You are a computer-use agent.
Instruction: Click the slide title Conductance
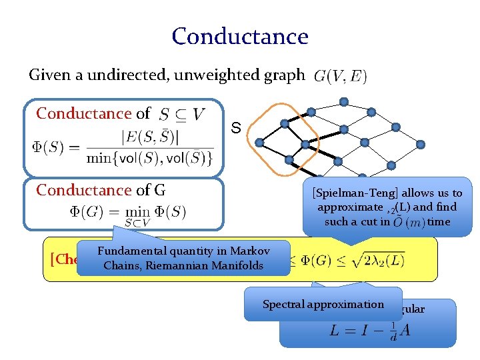click(240, 36)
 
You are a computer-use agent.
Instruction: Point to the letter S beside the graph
click(235, 127)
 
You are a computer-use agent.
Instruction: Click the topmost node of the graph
click(343, 102)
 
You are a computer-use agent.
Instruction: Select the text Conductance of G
click(101, 191)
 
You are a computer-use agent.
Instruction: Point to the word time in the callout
click(439, 221)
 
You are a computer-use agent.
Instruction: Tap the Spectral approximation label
click(323, 305)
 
